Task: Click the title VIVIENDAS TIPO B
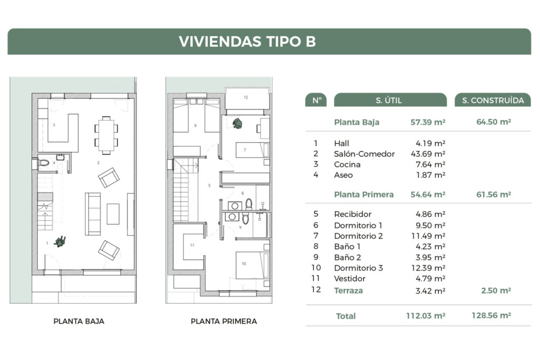coord(247,42)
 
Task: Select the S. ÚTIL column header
coord(390,100)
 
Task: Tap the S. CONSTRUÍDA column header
coord(493,100)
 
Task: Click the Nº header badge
coord(316,100)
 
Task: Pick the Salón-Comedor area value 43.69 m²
coord(428,154)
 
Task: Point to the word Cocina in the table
coord(347,164)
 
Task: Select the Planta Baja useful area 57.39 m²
coord(428,122)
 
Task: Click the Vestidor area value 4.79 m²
coord(430,278)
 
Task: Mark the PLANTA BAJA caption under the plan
coord(79,321)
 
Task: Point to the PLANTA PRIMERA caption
coord(224,321)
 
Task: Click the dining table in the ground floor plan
coord(107,134)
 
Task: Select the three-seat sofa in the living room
coord(93,213)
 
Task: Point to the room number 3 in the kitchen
coord(54,125)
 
